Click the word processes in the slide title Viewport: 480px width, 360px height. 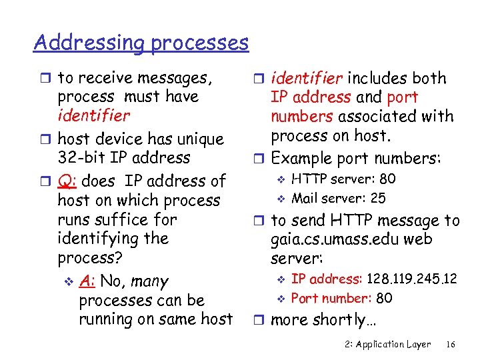(199, 43)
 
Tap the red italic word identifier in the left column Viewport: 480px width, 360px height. (94, 115)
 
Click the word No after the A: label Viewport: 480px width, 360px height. (111, 282)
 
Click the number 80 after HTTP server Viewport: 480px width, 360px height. (387, 179)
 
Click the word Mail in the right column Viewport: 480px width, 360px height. (305, 198)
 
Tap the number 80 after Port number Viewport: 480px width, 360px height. (384, 298)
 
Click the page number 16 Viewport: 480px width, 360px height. (450, 344)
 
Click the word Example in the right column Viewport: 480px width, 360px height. (301, 159)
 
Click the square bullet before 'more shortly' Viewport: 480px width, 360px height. (262, 319)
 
